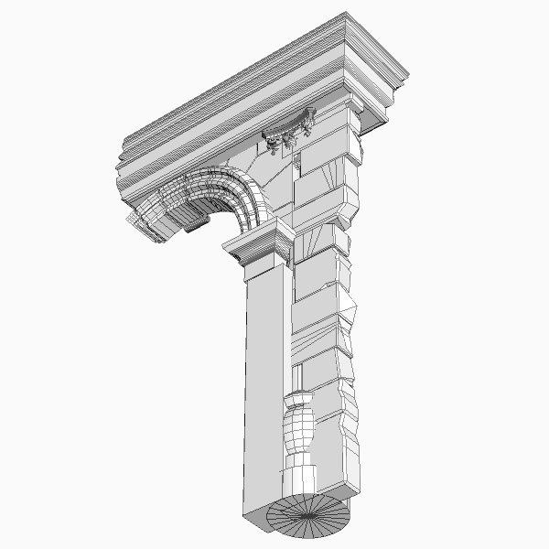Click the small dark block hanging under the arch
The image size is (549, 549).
pos(193,222)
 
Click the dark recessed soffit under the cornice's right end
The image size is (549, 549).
pos(375,119)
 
